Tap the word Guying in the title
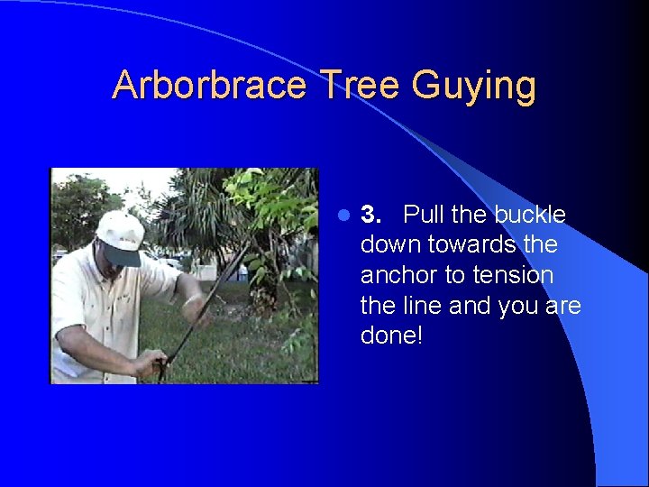coord(474,87)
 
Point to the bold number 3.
coord(370,215)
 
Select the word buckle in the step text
coord(530,215)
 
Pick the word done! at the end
coord(390,336)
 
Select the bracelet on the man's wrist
coord(190,301)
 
